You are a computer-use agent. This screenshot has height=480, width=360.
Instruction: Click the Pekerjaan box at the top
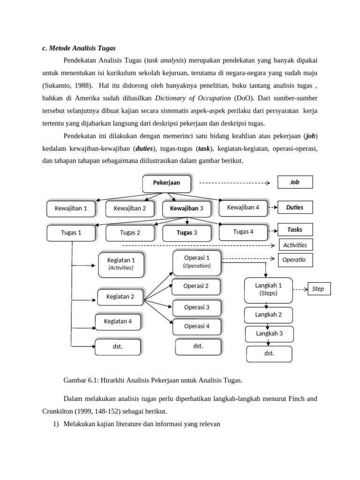(x=166, y=183)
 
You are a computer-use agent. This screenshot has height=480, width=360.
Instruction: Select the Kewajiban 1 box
(x=70, y=209)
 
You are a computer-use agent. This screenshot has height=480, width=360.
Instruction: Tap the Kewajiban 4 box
(x=243, y=208)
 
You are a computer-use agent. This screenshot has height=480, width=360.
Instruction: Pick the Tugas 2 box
(x=130, y=232)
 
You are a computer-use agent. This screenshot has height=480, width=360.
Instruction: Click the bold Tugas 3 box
(x=187, y=232)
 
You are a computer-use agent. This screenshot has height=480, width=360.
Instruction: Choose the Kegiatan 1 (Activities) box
(x=121, y=264)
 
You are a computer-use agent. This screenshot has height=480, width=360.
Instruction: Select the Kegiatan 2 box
(x=120, y=297)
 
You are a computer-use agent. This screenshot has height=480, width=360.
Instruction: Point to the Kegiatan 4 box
(x=118, y=322)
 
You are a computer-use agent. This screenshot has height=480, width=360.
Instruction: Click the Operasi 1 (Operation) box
(x=196, y=262)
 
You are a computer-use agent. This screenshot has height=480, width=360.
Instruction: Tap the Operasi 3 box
(x=196, y=307)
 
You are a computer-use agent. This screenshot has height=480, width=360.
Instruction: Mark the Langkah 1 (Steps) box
(x=268, y=289)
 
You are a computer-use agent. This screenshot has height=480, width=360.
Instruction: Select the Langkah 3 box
(x=269, y=334)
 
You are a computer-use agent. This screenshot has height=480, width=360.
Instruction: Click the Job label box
(x=295, y=182)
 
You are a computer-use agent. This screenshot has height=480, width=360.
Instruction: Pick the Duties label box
(x=295, y=207)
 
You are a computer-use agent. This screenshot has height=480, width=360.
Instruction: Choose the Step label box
(x=318, y=289)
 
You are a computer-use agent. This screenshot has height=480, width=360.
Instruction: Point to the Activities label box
(x=296, y=245)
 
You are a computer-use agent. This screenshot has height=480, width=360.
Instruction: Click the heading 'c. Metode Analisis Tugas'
(x=79, y=48)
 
